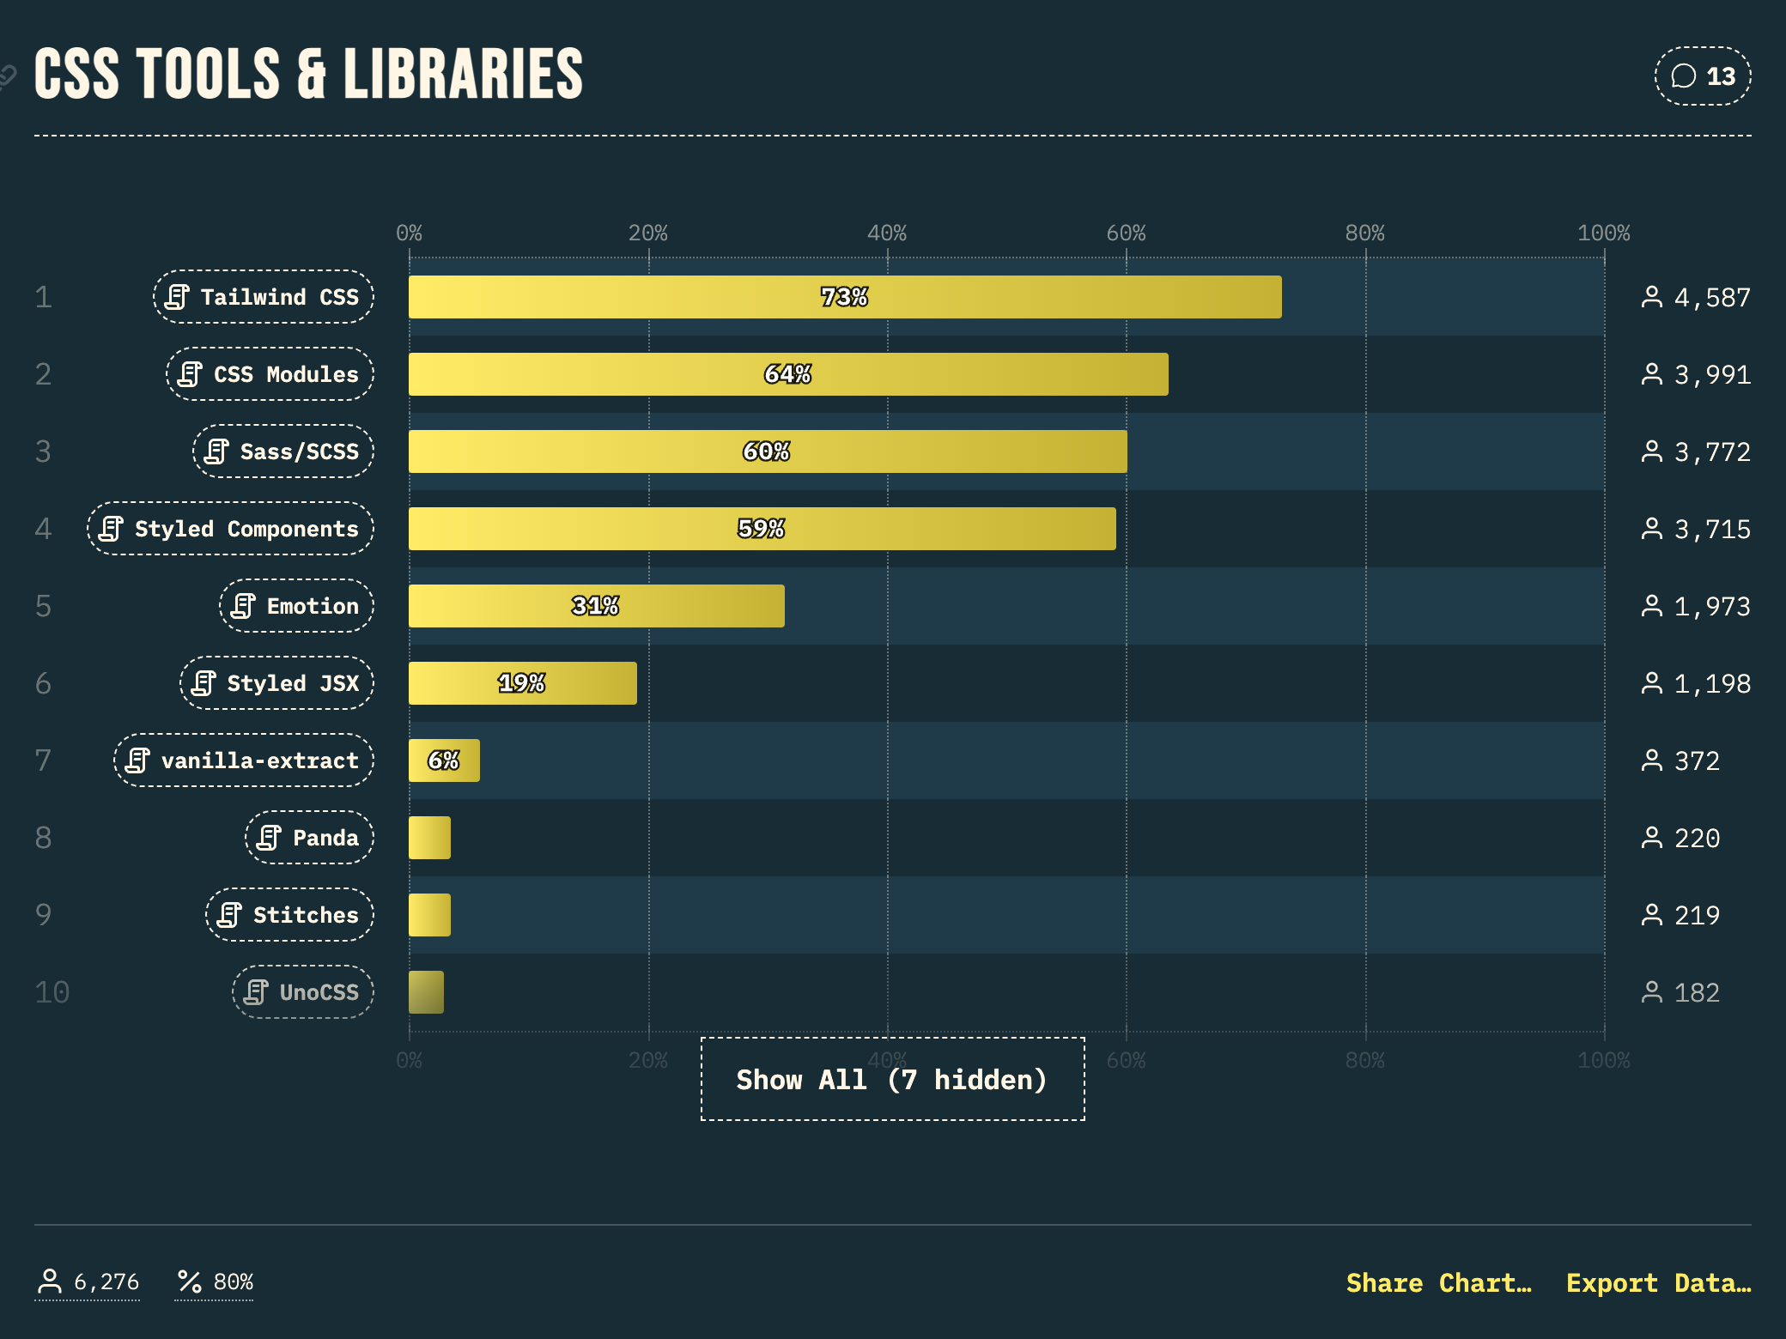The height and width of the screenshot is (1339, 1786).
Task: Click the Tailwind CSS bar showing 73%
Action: [x=845, y=297]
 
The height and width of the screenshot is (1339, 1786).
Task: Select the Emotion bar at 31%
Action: [x=596, y=606]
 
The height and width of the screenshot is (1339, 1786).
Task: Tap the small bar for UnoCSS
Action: [x=426, y=992]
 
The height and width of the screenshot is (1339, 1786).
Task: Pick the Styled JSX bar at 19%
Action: [x=522, y=683]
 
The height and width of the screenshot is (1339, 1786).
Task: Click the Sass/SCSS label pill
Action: [x=283, y=451]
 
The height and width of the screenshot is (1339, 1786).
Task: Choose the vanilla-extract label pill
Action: [x=244, y=760]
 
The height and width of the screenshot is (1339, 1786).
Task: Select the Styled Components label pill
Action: [x=230, y=529]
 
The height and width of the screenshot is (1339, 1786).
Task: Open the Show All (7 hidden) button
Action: [x=892, y=1079]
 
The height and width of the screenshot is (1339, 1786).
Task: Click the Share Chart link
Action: [x=1438, y=1282]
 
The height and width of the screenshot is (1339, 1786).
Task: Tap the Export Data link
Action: [x=1658, y=1282]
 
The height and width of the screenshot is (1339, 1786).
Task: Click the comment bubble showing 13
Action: [x=1703, y=76]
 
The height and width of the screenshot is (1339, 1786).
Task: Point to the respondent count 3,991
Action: [x=1711, y=374]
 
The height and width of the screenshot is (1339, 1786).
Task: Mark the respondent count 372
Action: [x=1697, y=760]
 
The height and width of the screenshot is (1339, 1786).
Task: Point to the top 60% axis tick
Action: [x=1126, y=233]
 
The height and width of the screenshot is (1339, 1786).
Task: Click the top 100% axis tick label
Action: [x=1603, y=233]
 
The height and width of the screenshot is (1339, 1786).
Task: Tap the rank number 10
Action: [x=52, y=992]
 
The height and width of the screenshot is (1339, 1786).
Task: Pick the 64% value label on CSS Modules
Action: [x=787, y=374]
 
